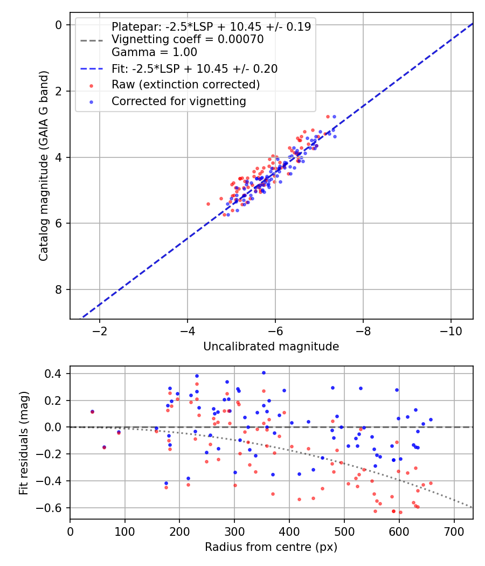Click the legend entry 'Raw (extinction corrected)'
tap(185, 85)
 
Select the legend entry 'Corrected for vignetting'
tap(178, 101)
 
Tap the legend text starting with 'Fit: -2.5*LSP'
tap(195, 68)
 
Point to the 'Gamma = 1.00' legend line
tap(154, 52)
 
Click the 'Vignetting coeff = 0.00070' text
tap(188, 39)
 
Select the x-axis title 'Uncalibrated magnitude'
tap(271, 347)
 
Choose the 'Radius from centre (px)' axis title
tap(271, 547)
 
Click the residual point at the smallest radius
tap(92, 411)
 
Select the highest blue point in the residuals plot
tap(264, 372)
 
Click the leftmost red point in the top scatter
tap(208, 204)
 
